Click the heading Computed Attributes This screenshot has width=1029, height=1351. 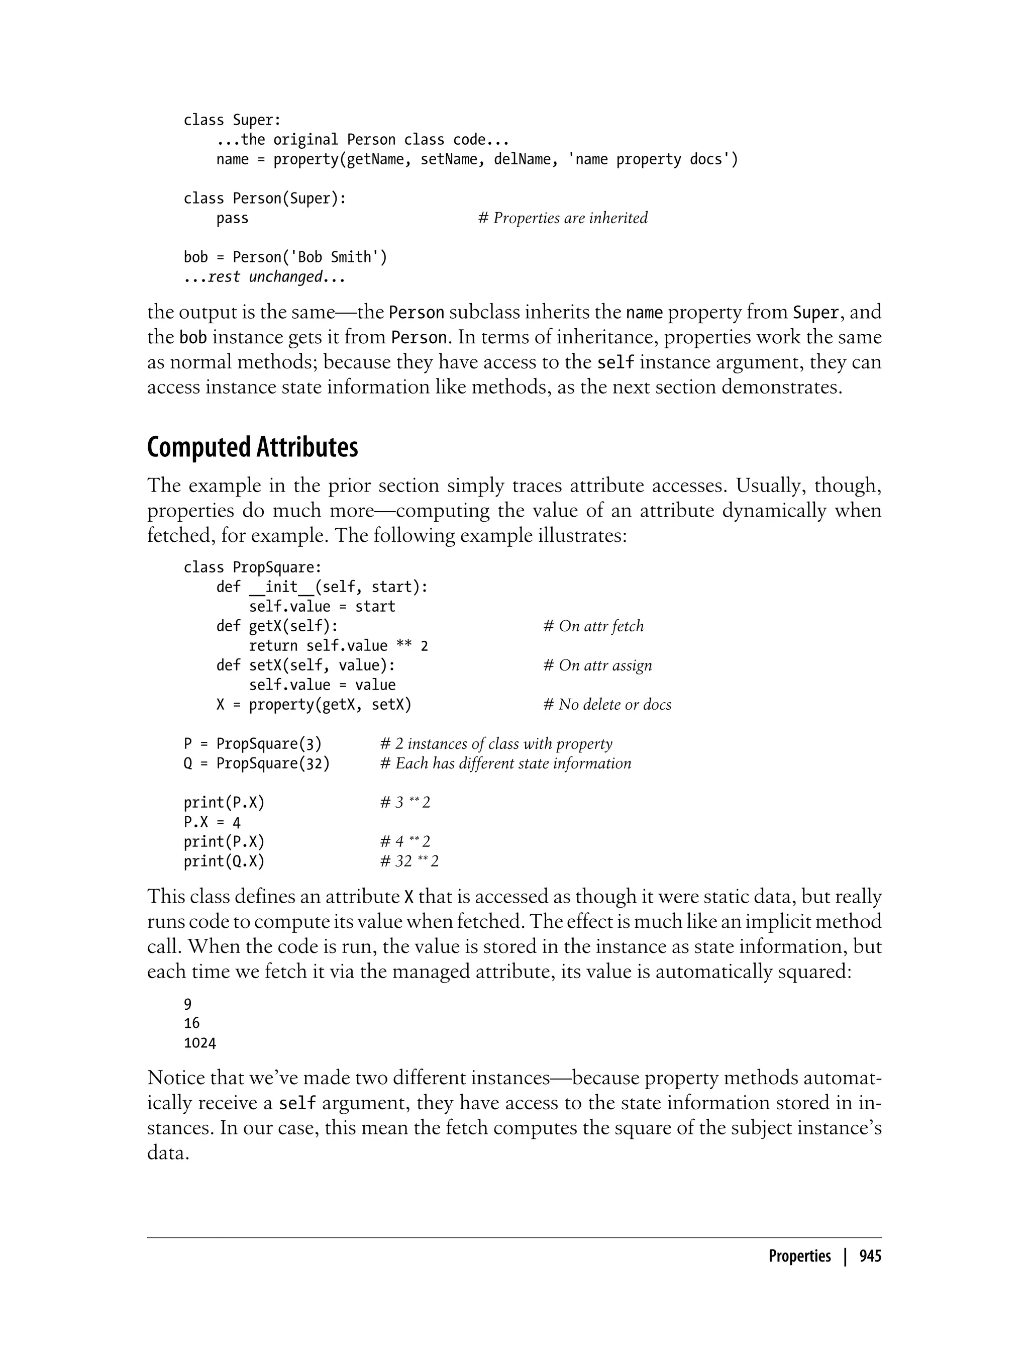252,448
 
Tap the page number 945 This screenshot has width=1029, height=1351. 870,1256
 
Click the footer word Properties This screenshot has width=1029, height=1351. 799,1256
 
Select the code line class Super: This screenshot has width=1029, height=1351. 232,120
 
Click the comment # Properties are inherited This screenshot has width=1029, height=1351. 562,218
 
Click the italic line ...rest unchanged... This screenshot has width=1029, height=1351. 265,277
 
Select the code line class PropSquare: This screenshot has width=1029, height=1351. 252,567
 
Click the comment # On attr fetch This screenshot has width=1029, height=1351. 593,626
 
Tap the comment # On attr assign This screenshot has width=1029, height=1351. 597,665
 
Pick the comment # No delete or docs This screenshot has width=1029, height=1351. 607,705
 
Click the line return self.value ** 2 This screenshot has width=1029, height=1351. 338,646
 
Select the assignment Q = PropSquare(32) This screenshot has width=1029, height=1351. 257,763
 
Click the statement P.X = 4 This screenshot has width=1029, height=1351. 212,822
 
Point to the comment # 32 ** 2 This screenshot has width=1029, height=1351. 409,861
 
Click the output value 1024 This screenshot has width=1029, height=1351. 199,1043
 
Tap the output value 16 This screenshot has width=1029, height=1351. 192,1023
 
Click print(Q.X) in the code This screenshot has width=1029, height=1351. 224,861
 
